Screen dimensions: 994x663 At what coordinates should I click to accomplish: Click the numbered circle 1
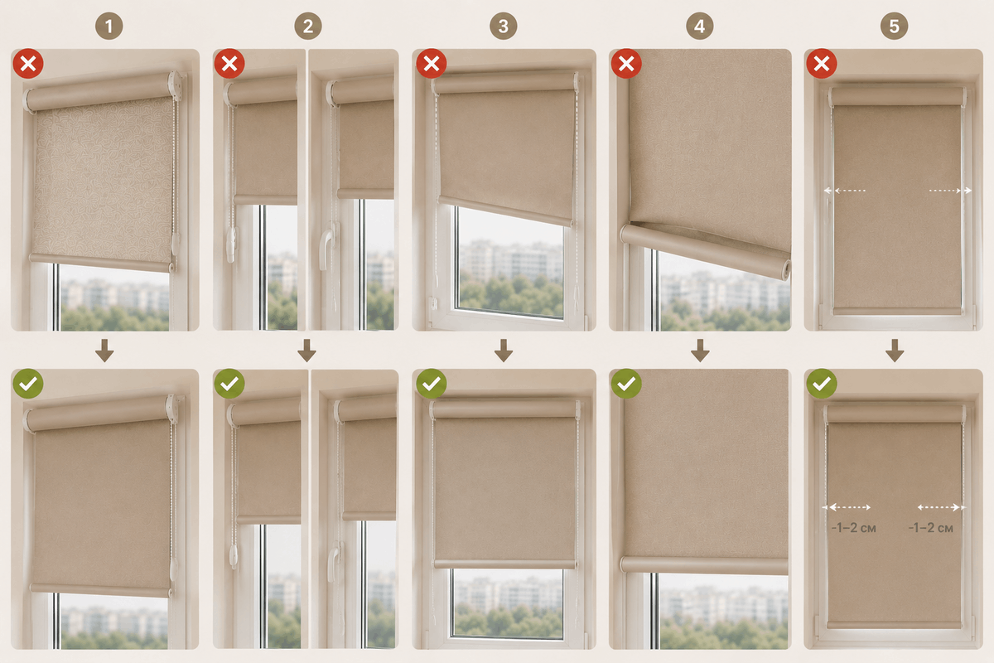point(109,27)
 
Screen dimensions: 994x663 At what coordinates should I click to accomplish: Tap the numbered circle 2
point(308,27)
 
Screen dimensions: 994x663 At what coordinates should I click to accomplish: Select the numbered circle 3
point(504,27)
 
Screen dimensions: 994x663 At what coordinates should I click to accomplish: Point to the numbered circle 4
point(700,27)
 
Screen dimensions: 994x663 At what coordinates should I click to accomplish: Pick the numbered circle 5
point(894,27)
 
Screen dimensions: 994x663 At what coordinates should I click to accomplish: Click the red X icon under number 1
point(28,64)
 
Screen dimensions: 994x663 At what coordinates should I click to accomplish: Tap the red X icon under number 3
point(432,64)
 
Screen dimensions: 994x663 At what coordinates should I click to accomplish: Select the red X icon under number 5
point(822,64)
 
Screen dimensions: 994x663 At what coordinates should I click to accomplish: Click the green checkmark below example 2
point(229,384)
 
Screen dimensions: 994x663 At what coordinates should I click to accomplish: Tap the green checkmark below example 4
point(626,384)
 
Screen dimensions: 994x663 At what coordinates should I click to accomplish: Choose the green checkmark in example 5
point(822,384)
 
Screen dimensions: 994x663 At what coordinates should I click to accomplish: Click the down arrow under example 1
point(104,351)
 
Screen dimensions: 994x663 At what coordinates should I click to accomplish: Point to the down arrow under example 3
point(504,351)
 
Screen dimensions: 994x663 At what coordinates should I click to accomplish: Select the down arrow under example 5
point(895,351)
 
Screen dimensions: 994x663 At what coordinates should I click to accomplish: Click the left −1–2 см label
point(853,528)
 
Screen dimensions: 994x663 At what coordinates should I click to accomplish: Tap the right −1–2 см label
point(930,528)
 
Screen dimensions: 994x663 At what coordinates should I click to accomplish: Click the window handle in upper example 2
point(327,249)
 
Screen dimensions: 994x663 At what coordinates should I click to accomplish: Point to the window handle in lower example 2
point(334,562)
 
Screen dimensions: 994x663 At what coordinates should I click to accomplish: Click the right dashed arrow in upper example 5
point(950,191)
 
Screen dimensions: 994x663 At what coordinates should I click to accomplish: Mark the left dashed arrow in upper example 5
point(845,191)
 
